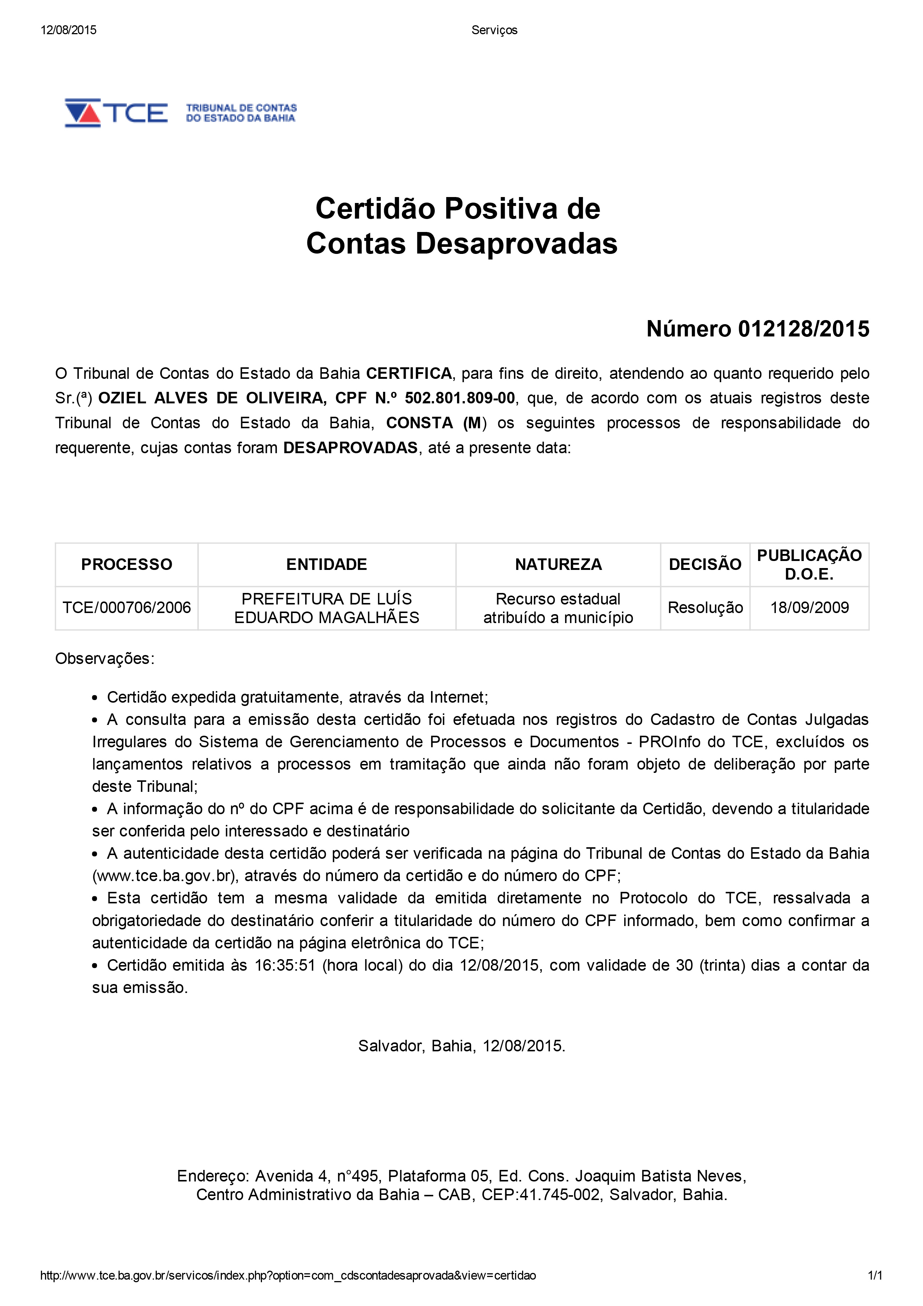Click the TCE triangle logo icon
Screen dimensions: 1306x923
(83, 113)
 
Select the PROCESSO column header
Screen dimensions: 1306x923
(126, 564)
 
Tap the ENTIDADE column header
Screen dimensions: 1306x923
(327, 564)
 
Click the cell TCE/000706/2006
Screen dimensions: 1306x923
(126, 607)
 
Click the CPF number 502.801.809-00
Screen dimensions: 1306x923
(460, 398)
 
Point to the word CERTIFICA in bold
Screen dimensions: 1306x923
(408, 374)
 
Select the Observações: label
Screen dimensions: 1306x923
(105, 659)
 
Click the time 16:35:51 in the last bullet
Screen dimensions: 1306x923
(284, 965)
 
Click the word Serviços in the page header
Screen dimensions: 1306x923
(494, 30)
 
